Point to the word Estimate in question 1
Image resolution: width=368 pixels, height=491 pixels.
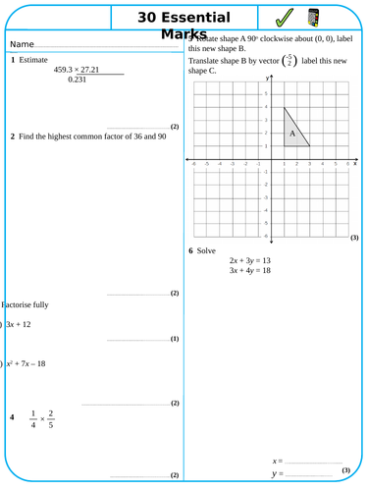(x=33, y=60)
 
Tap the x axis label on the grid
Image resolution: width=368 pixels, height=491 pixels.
(x=354, y=163)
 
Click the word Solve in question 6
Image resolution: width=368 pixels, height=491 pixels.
(x=206, y=250)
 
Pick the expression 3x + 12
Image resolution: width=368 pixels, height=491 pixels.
(x=19, y=324)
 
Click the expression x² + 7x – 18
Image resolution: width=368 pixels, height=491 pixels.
(x=26, y=363)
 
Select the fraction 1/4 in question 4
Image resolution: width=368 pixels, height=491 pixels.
(x=31, y=418)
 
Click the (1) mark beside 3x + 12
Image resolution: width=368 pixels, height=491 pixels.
(x=175, y=339)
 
